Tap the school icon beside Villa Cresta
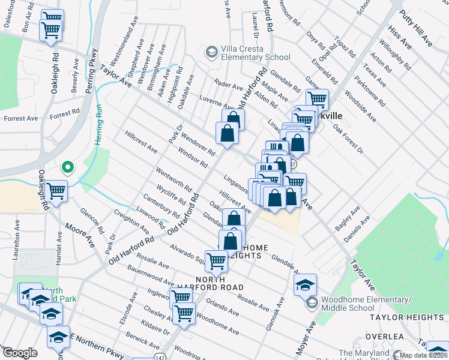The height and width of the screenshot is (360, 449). (x=211, y=53)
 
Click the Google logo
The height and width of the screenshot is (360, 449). (x=20, y=353)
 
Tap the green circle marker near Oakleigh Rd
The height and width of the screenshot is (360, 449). (x=68, y=167)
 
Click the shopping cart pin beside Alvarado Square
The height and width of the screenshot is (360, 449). (x=216, y=260)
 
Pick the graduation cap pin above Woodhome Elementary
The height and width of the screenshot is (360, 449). (x=305, y=284)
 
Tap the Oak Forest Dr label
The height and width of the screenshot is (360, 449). (x=348, y=138)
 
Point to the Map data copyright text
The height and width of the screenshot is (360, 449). (x=424, y=355)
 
